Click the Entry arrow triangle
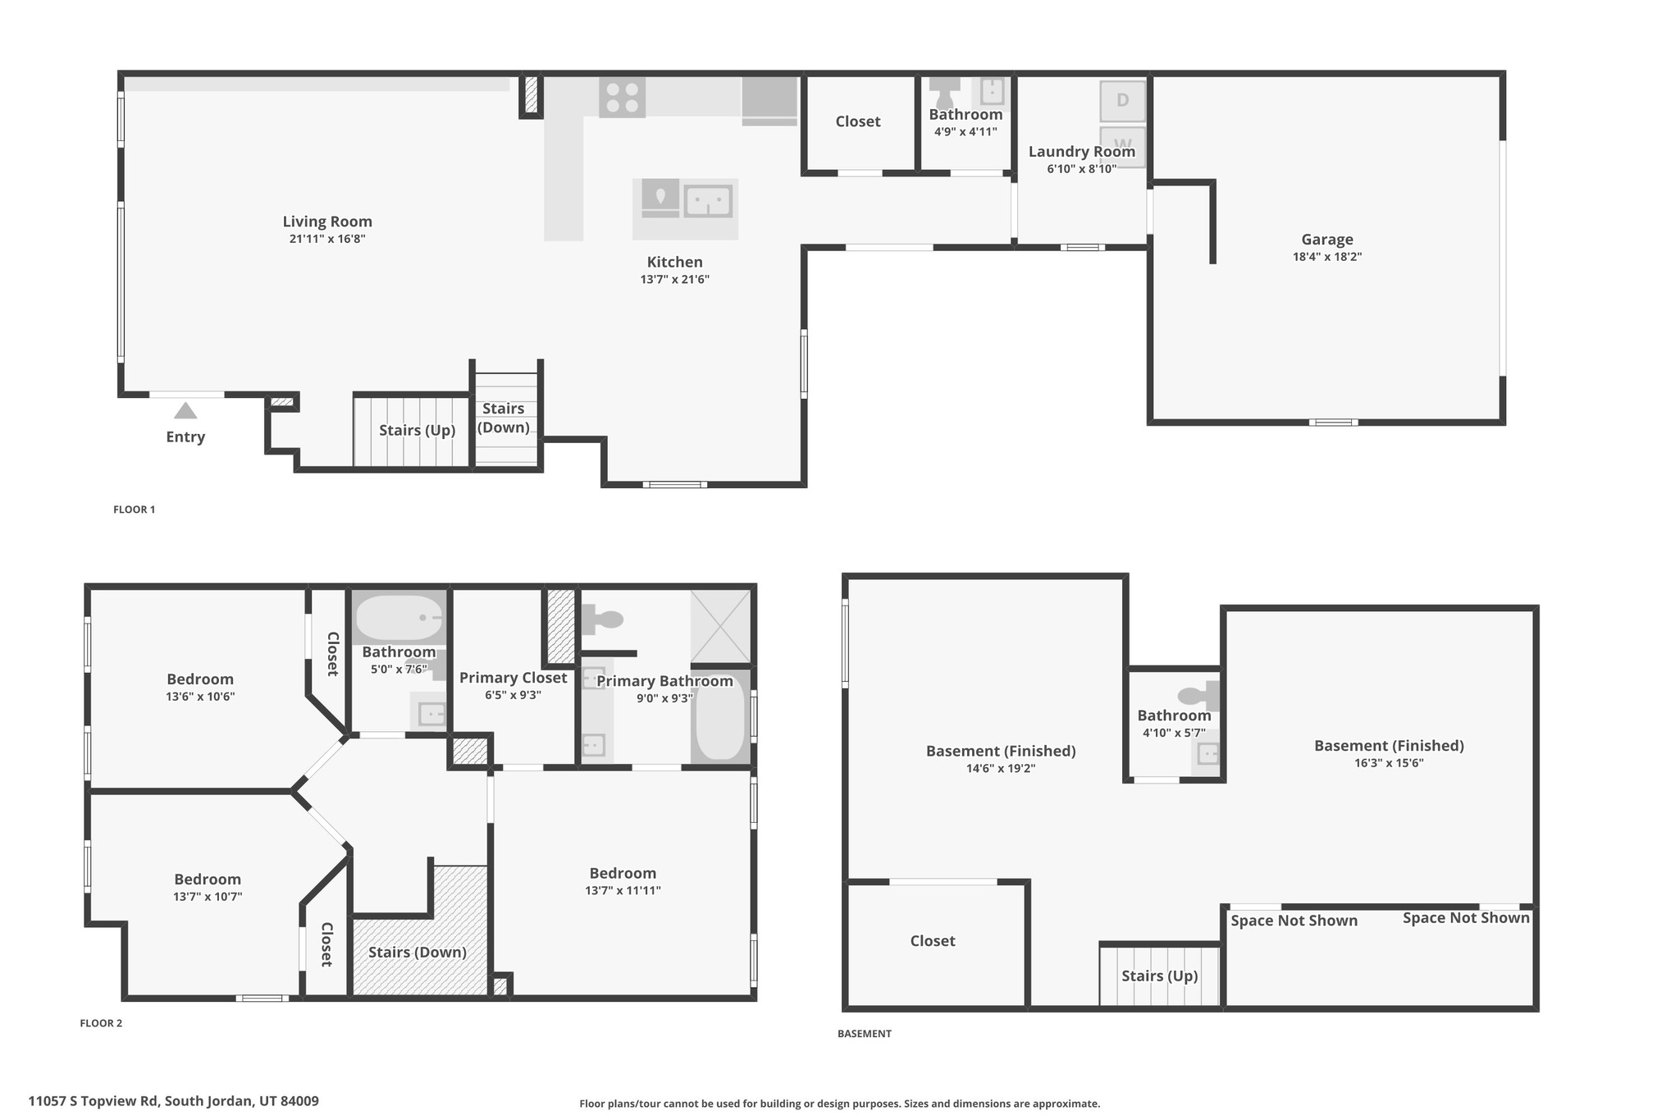tap(185, 410)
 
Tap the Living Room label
tap(327, 222)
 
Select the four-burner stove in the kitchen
tap(622, 98)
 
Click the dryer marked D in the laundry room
tap(1122, 101)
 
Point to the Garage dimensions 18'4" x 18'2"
tap(1326, 257)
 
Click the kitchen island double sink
tap(708, 201)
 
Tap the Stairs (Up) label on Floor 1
tap(417, 431)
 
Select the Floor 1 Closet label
tap(857, 121)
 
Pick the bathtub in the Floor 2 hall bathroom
tap(399, 618)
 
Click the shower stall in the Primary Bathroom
tap(720, 627)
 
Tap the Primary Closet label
tap(513, 678)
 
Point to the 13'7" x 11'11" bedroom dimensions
tap(623, 890)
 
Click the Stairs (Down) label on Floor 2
tap(417, 952)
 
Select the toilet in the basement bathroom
tap(1198, 697)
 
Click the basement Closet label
tap(932, 941)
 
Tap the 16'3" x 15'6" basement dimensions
tap(1388, 763)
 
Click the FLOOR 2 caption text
tap(101, 1023)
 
